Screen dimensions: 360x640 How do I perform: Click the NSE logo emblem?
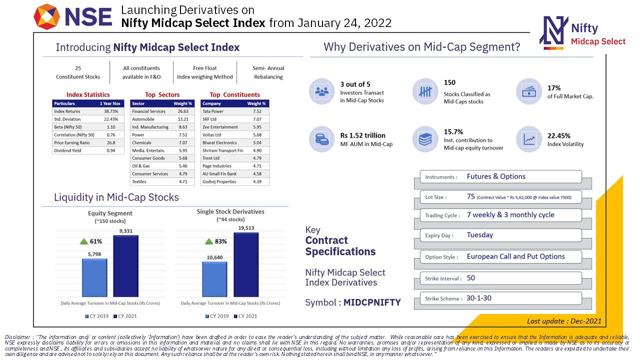tap(46, 16)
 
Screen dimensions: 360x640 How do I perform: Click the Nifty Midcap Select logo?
tap(554, 32)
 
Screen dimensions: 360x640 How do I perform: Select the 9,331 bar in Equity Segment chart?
tap(125, 266)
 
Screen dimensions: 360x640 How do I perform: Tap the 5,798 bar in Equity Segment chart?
tap(94, 277)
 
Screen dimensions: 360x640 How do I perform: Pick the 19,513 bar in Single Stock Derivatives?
tap(246, 264)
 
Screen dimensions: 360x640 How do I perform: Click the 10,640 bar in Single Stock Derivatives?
tap(214, 279)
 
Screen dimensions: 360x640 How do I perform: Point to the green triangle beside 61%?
tap(84, 241)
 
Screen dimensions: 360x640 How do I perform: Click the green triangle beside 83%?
tap(209, 241)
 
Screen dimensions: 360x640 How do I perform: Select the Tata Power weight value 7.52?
tap(257, 111)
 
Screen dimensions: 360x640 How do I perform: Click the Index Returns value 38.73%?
tap(110, 111)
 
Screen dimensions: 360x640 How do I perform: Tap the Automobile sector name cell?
tap(143, 119)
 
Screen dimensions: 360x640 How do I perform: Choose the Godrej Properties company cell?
tap(219, 181)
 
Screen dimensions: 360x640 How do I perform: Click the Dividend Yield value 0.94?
tap(110, 150)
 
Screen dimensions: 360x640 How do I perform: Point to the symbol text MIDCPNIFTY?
tap(372, 302)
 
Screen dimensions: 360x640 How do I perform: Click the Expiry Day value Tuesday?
tap(480, 235)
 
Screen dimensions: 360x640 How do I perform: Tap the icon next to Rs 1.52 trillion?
tap(321, 139)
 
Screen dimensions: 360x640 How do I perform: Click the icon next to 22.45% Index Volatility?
tap(528, 139)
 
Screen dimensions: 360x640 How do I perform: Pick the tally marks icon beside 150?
tap(425, 91)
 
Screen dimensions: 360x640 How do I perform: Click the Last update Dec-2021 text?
tap(564, 321)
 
